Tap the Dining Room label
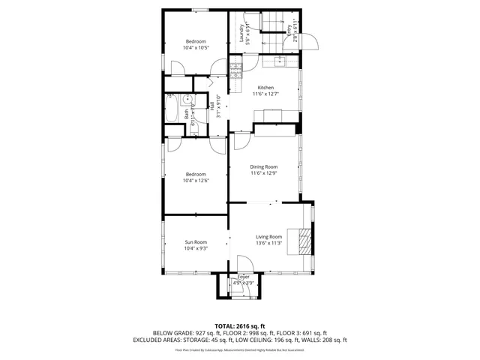coord(264,166)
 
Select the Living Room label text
coord(268,237)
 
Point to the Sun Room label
coord(196,241)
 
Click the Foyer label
coord(244,277)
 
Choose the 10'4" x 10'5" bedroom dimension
coord(196,47)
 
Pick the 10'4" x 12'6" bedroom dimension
coord(196,180)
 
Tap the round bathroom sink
coord(171,97)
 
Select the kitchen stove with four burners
coord(235,70)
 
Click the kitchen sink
coord(280,59)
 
